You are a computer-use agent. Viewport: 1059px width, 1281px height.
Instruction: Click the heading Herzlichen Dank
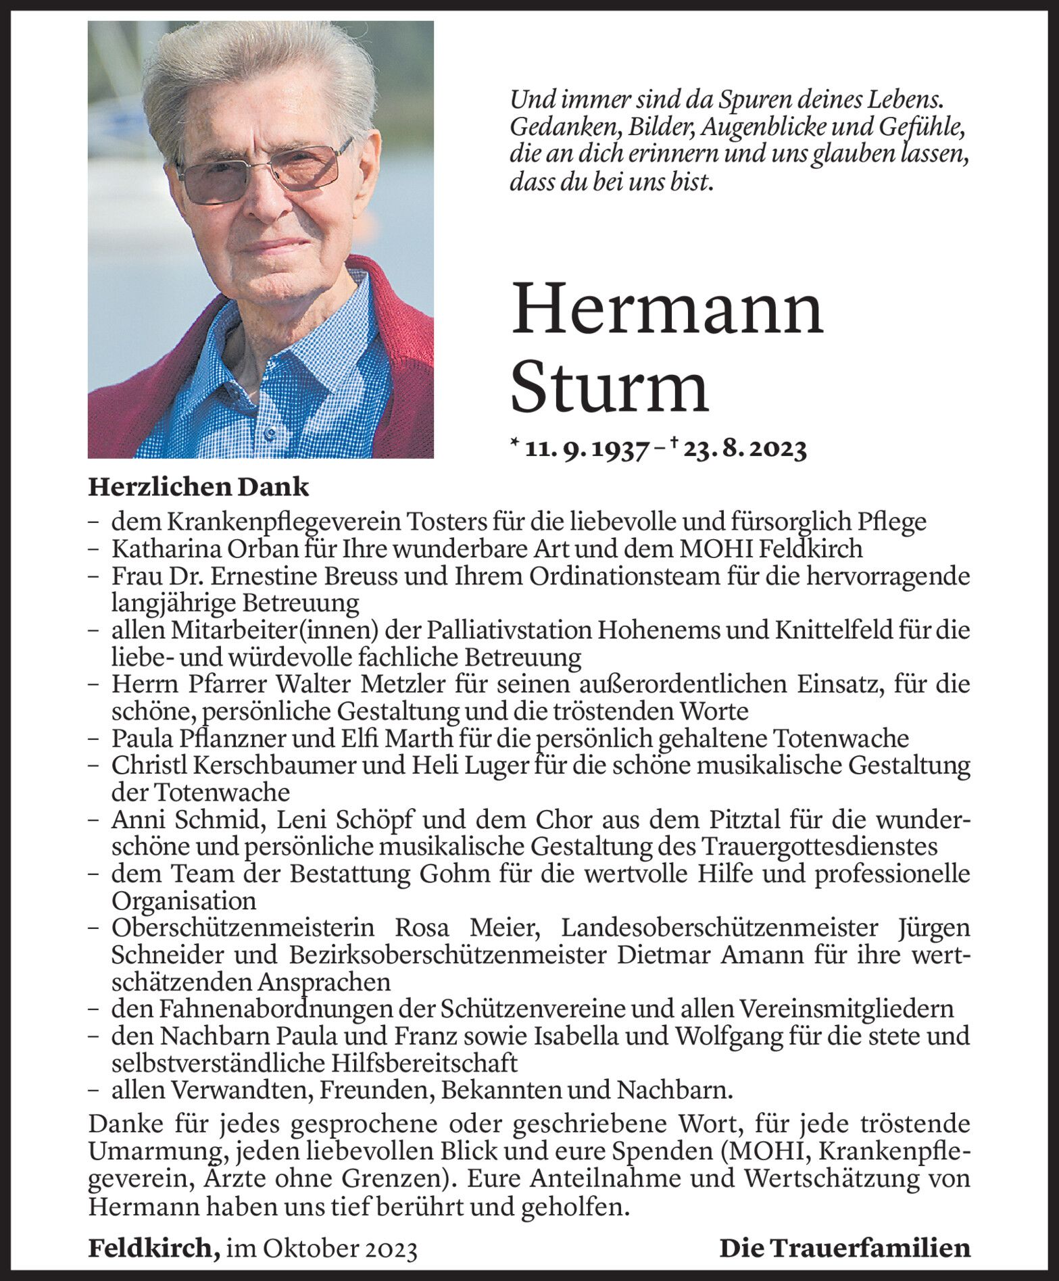click(x=198, y=487)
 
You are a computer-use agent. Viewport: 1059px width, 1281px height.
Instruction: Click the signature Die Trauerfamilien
click(x=845, y=1248)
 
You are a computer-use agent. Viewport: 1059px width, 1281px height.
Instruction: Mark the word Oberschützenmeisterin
click(x=243, y=927)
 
